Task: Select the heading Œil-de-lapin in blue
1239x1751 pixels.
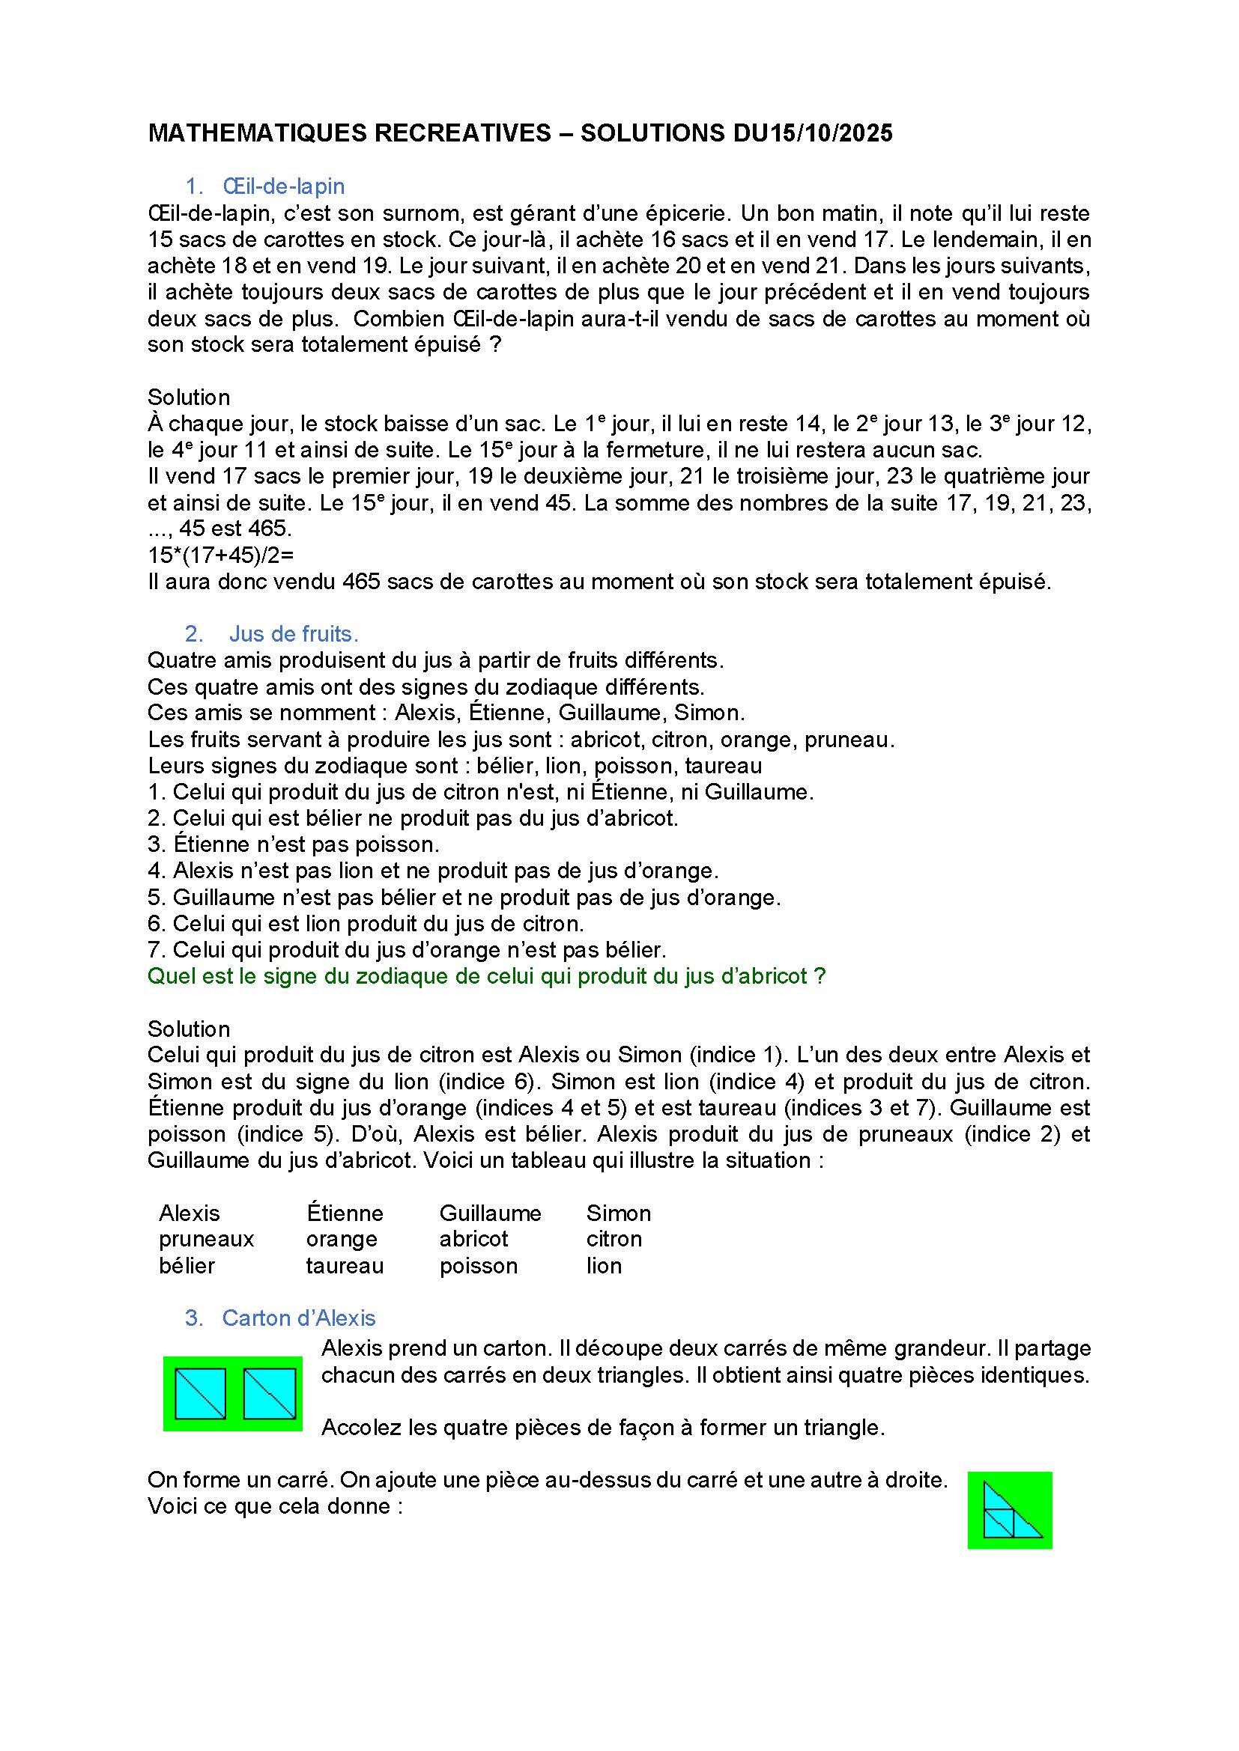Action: (x=283, y=186)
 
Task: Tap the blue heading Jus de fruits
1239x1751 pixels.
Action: (x=294, y=634)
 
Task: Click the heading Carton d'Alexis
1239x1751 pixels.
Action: (x=298, y=1318)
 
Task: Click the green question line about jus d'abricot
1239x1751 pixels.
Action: (x=486, y=976)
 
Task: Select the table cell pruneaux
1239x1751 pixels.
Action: (x=206, y=1239)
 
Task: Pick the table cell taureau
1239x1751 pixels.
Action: (x=344, y=1266)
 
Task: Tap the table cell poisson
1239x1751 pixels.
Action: (x=479, y=1266)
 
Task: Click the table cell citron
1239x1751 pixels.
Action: (x=614, y=1239)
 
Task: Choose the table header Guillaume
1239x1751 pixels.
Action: (x=490, y=1213)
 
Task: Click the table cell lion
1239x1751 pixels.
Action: (x=604, y=1266)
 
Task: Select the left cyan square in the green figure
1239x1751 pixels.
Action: (x=201, y=1393)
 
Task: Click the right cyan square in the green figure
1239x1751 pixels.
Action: (x=270, y=1393)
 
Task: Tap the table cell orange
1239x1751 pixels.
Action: (x=341, y=1239)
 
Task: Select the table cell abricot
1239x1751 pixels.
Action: (x=473, y=1239)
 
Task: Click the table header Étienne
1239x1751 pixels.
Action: (x=345, y=1213)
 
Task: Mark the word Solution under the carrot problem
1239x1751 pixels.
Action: (x=189, y=398)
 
